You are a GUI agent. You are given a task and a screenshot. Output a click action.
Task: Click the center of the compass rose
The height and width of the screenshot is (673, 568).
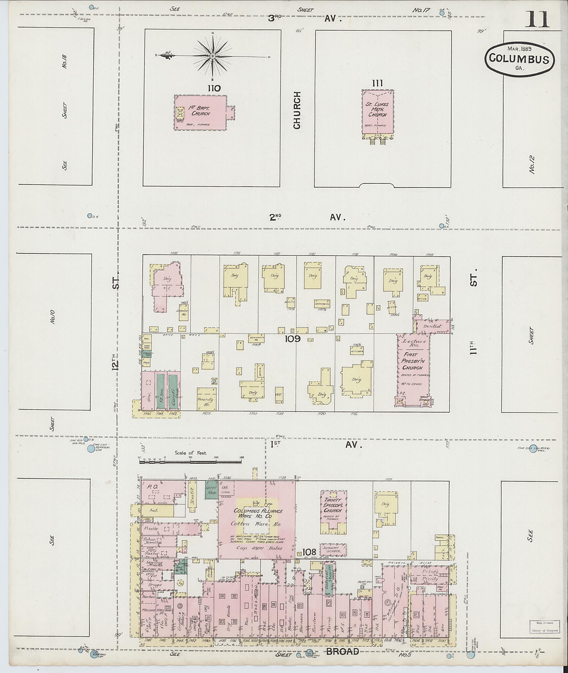(x=212, y=56)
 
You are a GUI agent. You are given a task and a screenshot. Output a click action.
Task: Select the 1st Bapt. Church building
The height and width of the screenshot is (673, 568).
(x=200, y=112)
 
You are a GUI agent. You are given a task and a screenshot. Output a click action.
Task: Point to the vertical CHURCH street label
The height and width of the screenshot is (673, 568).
(x=297, y=110)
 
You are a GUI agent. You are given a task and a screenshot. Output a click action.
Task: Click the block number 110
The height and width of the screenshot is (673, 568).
(x=214, y=88)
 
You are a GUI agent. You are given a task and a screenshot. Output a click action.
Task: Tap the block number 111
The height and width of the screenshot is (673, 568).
(x=377, y=84)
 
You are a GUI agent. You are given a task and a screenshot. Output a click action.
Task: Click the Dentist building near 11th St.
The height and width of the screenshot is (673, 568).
(x=432, y=326)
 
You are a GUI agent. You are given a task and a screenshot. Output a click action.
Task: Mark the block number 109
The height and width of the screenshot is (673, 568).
(x=293, y=339)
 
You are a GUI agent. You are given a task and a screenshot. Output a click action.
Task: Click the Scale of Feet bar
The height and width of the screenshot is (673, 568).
(x=191, y=462)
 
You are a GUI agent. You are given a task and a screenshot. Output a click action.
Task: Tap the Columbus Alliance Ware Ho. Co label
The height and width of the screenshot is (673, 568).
(x=258, y=513)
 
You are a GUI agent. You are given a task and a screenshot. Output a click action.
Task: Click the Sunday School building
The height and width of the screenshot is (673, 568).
(x=333, y=549)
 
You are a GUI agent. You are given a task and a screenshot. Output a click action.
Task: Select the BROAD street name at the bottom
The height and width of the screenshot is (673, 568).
(x=343, y=652)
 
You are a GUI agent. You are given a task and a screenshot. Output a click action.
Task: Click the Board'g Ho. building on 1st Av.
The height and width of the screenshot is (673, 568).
(x=206, y=400)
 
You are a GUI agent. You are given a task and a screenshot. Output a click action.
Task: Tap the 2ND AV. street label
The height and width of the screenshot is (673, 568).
(x=307, y=218)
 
